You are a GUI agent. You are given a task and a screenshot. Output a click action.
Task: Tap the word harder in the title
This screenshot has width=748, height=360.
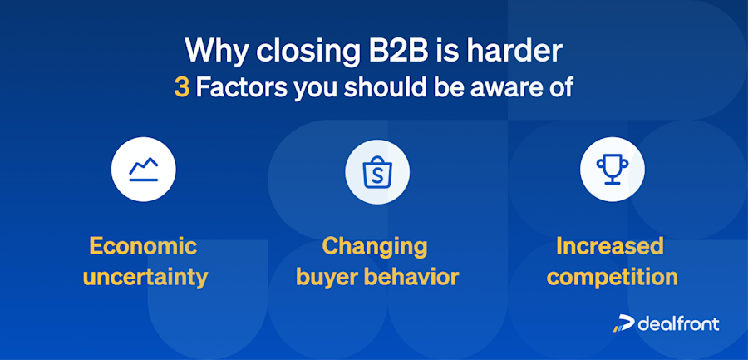(516, 51)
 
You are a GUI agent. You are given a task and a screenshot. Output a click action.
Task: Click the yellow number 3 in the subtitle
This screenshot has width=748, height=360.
(181, 88)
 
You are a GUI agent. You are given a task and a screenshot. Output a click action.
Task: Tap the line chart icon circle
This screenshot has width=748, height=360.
(144, 170)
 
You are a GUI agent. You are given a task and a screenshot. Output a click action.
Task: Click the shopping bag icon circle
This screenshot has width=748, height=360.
(377, 170)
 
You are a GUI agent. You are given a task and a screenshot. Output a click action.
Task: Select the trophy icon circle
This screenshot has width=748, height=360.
(612, 170)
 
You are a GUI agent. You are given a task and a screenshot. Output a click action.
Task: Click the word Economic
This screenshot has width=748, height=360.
(143, 246)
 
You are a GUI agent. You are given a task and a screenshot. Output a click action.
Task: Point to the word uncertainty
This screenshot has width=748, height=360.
(145, 276)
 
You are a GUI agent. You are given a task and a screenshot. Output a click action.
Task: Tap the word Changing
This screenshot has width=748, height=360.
(375, 246)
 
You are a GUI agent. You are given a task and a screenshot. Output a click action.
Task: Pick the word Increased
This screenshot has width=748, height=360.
(610, 246)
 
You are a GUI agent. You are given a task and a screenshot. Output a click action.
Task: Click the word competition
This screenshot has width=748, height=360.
(612, 276)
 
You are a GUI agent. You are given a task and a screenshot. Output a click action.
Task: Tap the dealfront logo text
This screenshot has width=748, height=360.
(678, 323)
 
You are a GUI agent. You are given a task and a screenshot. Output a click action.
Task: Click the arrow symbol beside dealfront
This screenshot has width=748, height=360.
(623, 324)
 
